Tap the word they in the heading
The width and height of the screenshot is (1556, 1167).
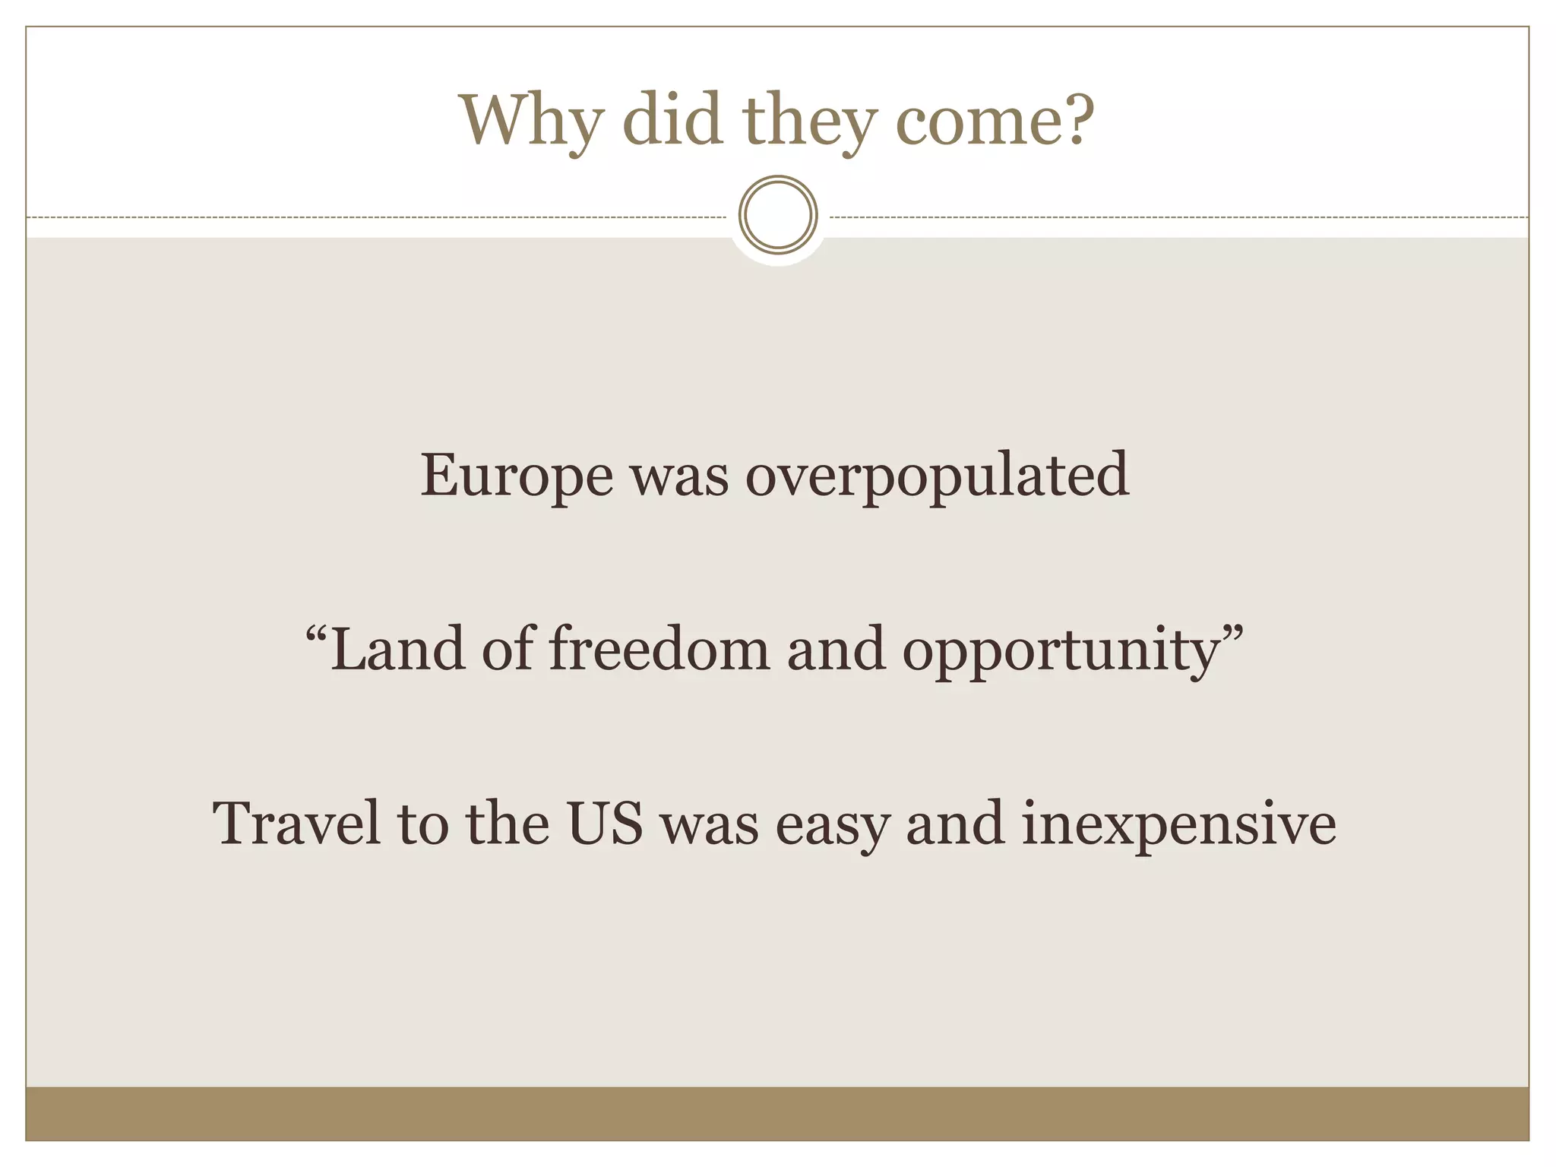click(x=808, y=122)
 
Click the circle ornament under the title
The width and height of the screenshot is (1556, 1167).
click(x=778, y=215)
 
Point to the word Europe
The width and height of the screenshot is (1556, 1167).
click(x=517, y=476)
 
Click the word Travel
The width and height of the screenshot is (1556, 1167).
click(x=296, y=824)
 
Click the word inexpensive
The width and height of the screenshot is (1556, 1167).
click(x=1178, y=825)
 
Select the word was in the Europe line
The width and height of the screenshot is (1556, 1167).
click(x=679, y=479)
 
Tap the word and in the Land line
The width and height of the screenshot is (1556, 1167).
click(x=837, y=649)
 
